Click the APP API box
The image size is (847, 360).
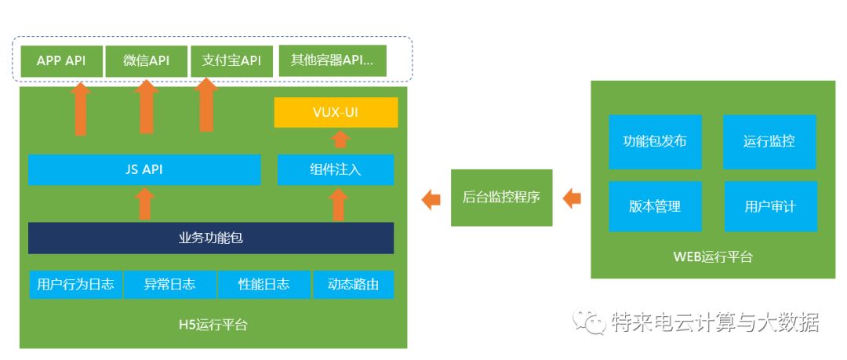61,61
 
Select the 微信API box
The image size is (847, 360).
146,61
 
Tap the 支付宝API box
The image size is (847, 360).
231,61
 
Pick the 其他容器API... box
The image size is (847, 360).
333,61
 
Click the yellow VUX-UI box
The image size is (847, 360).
336,112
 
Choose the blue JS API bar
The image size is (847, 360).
144,169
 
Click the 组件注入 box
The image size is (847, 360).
336,169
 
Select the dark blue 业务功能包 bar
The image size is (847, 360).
210,238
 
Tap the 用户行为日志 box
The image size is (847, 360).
75,284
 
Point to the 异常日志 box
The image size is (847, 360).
169,284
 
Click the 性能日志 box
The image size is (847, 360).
264,284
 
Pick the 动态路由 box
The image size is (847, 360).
353,284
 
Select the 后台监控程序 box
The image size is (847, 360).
501,198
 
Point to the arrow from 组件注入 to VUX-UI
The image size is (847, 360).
339,140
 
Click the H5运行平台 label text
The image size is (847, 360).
213,324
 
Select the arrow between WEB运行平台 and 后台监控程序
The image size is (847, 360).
572,198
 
